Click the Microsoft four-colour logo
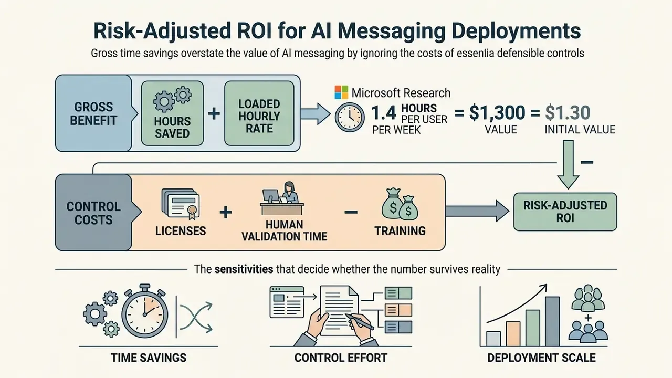click(341, 92)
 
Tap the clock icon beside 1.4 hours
click(350, 117)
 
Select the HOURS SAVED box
click(172, 113)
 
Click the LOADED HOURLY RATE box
click(259, 113)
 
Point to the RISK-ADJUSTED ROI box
click(565, 212)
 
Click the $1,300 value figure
click(497, 113)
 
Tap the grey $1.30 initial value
click(568, 113)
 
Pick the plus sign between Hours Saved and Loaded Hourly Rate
click(214, 114)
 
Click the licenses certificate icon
click(180, 203)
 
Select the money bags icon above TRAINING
click(400, 204)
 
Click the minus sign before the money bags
click(351, 212)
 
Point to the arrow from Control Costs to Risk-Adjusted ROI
click(477, 211)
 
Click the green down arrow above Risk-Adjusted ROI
click(568, 164)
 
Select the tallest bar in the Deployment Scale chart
click(552, 321)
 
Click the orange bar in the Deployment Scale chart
click(513, 334)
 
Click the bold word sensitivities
click(244, 269)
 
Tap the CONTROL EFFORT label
click(341, 358)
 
